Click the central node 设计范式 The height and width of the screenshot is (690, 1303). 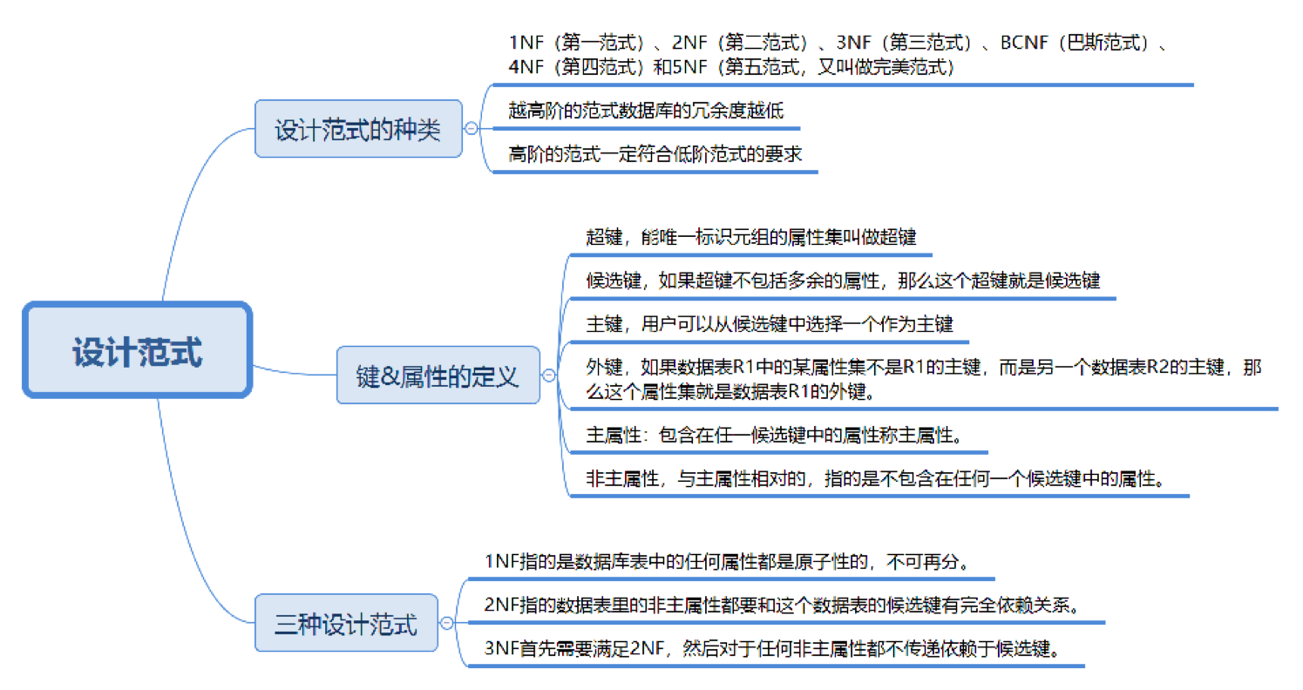tap(137, 350)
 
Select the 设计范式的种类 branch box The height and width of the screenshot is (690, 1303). tap(357, 129)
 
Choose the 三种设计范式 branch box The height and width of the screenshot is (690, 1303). tap(346, 624)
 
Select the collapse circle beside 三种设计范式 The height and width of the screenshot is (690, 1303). tap(447, 624)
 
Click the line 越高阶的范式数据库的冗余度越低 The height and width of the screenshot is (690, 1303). tap(646, 110)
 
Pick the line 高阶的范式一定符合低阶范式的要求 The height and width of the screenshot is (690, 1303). tap(655, 153)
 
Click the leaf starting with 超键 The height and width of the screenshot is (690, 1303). tap(750, 237)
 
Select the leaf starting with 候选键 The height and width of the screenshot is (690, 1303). tap(843, 281)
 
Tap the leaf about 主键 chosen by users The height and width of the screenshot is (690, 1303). tap(770, 324)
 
